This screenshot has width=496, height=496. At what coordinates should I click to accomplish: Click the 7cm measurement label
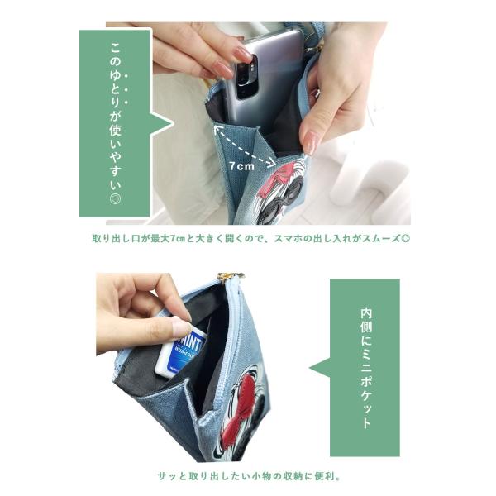pyautogui.click(x=242, y=166)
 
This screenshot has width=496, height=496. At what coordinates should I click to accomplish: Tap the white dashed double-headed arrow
pyautogui.click(x=244, y=146)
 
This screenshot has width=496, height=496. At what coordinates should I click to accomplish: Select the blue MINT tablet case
pyautogui.click(x=182, y=352)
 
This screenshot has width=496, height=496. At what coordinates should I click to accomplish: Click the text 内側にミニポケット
pyautogui.click(x=365, y=368)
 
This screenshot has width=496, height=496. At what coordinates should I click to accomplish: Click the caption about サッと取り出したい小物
pyautogui.click(x=249, y=476)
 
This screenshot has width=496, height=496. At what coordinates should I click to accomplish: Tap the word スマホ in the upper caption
pyautogui.click(x=289, y=238)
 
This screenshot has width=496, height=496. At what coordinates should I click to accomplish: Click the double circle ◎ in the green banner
pyautogui.click(x=115, y=198)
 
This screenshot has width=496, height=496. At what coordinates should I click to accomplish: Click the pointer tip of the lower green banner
pyautogui.click(x=310, y=368)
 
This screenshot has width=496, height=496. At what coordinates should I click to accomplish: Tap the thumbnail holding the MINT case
pyautogui.click(x=181, y=327)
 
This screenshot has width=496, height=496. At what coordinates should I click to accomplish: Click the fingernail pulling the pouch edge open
pyautogui.click(x=312, y=143)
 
